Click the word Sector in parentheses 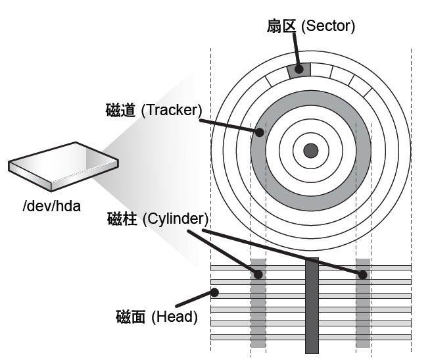[328, 26]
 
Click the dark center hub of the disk [310, 151]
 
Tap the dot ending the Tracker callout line [260, 132]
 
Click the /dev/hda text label [51, 206]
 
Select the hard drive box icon [63, 165]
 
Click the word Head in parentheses [174, 317]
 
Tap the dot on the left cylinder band [258, 274]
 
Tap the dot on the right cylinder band [362, 274]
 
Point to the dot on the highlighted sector [299, 68]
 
